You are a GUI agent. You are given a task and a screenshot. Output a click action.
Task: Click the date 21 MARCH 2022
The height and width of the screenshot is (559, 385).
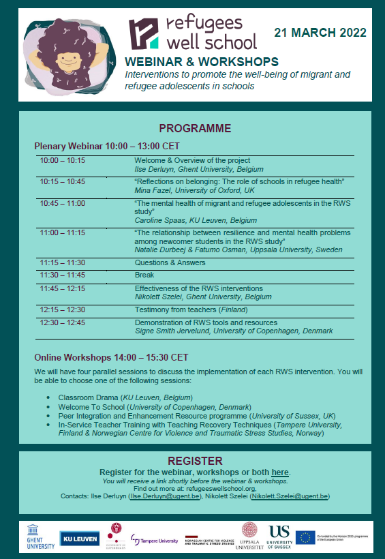tap(320, 33)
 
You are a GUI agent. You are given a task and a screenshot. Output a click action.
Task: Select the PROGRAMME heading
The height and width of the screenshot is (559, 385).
tap(195, 129)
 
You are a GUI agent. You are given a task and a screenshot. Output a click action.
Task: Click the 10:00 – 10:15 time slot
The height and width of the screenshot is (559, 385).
tap(63, 161)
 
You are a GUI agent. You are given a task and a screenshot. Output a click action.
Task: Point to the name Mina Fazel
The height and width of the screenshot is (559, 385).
tap(151, 192)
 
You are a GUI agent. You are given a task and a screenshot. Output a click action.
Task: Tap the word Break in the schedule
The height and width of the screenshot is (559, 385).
tap(144, 275)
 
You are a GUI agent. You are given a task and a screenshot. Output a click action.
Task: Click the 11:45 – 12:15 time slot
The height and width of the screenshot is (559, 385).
tap(63, 288)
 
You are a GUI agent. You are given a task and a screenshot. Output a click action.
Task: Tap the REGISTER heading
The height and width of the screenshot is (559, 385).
tap(195, 461)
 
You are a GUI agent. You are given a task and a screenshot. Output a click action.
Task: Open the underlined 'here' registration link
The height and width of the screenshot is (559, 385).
tap(279, 472)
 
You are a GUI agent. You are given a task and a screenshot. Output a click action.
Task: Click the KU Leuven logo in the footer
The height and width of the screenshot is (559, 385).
tap(80, 538)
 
